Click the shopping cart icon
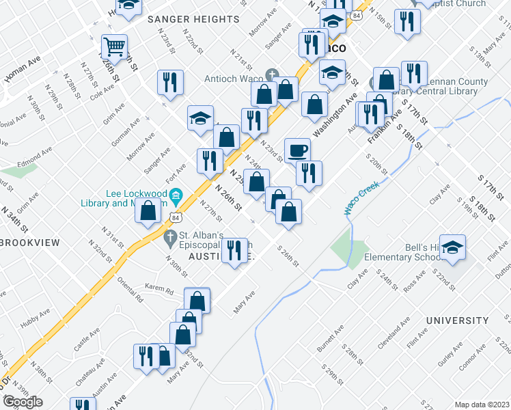(x=114, y=47)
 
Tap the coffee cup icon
(x=297, y=150)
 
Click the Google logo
(x=23, y=402)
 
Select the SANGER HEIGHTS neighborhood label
(x=193, y=19)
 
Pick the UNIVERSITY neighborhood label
(x=458, y=320)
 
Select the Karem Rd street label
(x=160, y=289)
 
